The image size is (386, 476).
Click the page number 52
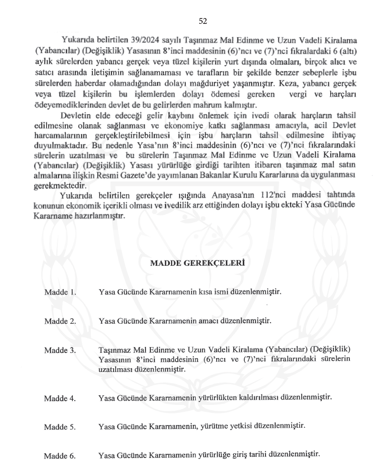point(202,21)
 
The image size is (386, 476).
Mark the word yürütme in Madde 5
point(216,426)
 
